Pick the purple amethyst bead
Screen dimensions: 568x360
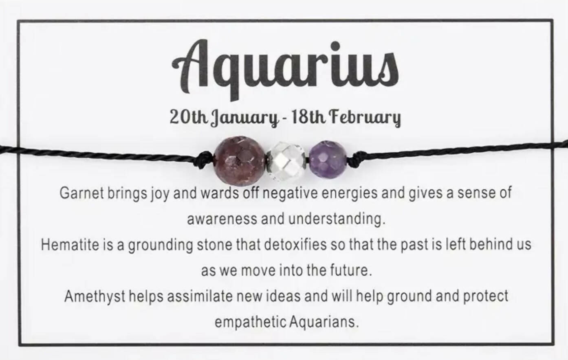click(x=328, y=159)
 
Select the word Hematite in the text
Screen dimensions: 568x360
click(x=70, y=245)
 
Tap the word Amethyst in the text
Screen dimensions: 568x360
click(x=95, y=296)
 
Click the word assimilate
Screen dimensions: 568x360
click(x=200, y=296)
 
